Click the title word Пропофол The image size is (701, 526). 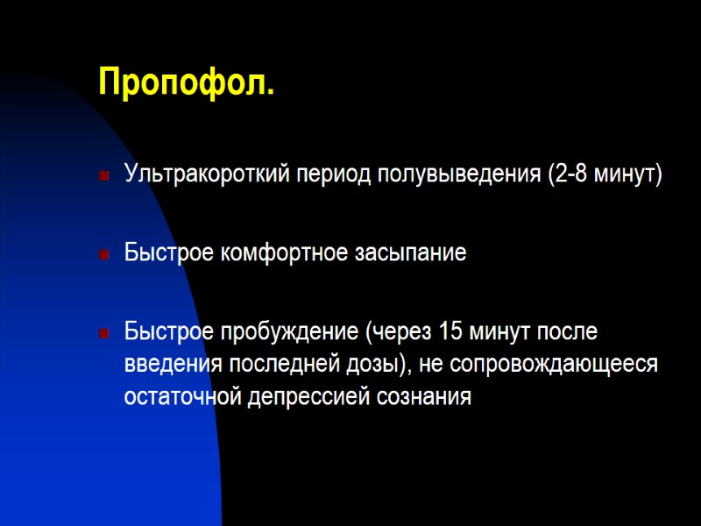point(186,82)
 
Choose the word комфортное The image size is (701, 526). point(280,254)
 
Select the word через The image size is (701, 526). point(400,334)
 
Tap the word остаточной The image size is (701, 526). point(182,397)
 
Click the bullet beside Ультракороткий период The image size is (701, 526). point(104,176)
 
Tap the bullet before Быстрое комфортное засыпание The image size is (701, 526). point(104,256)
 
